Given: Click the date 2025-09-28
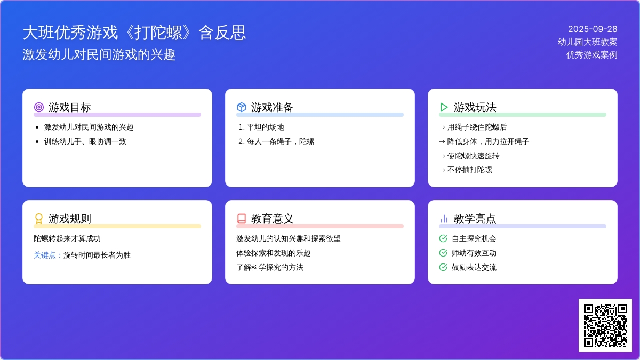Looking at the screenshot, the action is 593,29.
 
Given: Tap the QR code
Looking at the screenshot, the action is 605,325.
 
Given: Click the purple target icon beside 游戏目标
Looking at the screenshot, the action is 39,107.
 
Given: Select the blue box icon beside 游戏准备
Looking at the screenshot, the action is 242,107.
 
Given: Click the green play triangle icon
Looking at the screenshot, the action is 444,107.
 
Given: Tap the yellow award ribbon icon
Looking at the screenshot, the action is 39,219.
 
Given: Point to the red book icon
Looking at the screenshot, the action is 242,219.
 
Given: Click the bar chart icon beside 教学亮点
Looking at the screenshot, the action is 444,219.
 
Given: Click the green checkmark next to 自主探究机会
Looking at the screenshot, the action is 443,238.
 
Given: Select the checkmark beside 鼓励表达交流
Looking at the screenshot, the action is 443,267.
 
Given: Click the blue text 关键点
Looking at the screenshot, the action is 45,255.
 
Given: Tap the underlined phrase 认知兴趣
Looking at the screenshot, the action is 289,238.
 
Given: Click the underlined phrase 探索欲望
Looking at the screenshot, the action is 326,238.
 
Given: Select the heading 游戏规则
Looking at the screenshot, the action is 70,219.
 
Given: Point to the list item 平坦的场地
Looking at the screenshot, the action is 266,127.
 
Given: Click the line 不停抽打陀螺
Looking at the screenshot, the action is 469,170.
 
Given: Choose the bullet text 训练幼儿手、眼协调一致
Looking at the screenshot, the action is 85,142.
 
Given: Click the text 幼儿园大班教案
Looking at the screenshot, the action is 587,42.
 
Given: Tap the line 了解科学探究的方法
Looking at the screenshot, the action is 270,267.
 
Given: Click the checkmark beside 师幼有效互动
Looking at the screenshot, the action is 443,253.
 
